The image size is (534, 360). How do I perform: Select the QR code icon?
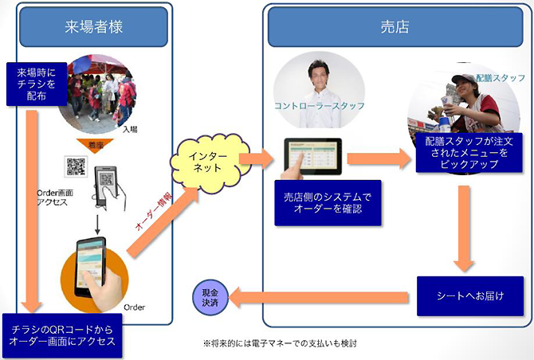[x=76, y=167]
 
